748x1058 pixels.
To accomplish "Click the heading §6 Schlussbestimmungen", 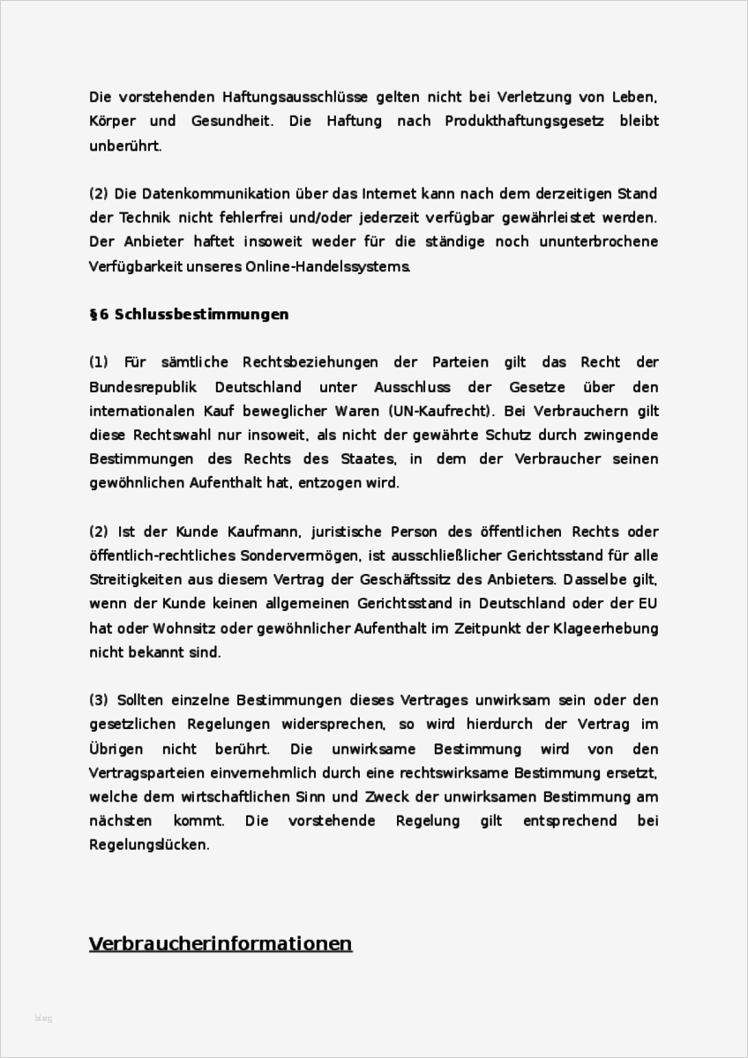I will click(x=189, y=314).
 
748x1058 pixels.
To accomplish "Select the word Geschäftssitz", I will click(x=445, y=580).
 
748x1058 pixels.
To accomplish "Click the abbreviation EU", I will click(x=648, y=604).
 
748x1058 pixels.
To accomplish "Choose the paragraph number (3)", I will click(x=98, y=700).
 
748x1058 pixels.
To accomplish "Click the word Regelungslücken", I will click(x=149, y=845).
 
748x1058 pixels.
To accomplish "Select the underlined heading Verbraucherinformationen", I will click(x=221, y=943).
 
